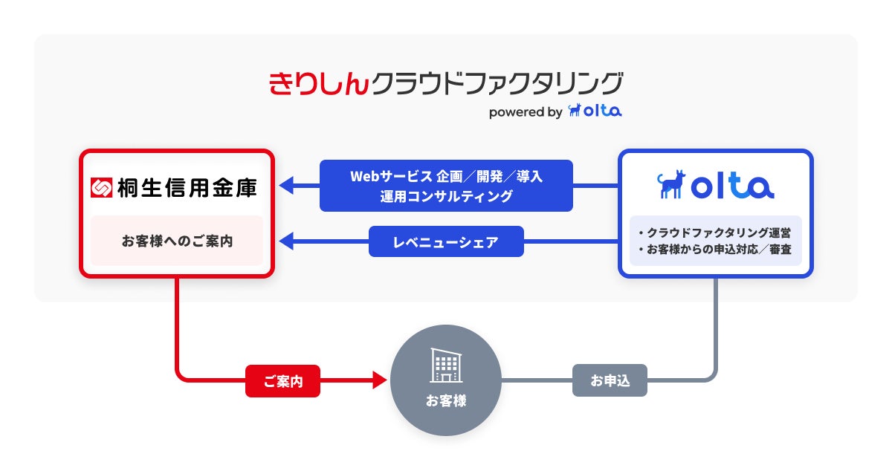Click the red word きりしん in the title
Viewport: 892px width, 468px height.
tap(318, 83)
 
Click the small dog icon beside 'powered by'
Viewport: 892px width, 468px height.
tap(574, 111)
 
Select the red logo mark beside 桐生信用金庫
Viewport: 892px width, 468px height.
tap(101, 188)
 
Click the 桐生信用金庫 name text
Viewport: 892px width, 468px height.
tap(187, 188)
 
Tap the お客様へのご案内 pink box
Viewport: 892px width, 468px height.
tap(177, 241)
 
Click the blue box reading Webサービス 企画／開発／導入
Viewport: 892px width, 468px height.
tap(446, 186)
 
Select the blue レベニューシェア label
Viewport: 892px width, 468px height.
tap(446, 241)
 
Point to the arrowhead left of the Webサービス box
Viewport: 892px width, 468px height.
tap(286, 186)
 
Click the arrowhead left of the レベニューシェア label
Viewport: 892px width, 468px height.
tap(286, 241)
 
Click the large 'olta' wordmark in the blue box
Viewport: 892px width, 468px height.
tap(732, 186)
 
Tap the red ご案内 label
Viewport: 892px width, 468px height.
tap(282, 381)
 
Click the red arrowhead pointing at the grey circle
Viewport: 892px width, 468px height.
tap(379, 381)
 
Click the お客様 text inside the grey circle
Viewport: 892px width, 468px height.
tap(446, 401)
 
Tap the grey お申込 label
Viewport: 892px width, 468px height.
tap(610, 381)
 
